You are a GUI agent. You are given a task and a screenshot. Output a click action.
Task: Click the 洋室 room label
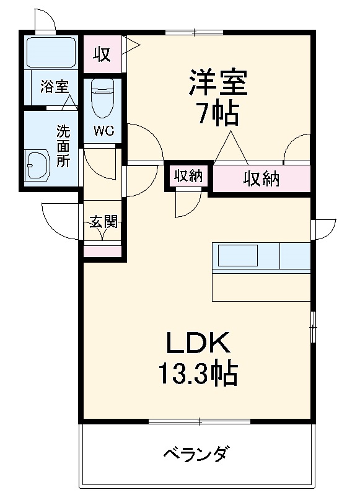pyautogui.click(x=217, y=83)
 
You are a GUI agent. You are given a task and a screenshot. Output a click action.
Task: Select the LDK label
pyautogui.click(x=197, y=343)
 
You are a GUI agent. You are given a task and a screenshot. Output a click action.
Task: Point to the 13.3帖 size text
pyautogui.click(x=197, y=373)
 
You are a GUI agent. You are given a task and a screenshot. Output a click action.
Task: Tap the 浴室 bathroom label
pyautogui.click(x=55, y=87)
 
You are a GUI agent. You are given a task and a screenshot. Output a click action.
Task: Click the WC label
pyautogui.click(x=103, y=131)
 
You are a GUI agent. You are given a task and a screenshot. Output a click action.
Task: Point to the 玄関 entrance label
pyautogui.click(x=103, y=221)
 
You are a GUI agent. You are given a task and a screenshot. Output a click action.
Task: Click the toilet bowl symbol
pyautogui.click(x=103, y=97)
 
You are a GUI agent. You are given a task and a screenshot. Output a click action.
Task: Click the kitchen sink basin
pyautogui.click(x=235, y=255)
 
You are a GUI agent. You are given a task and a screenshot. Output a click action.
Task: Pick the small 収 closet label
pyautogui.click(x=102, y=55)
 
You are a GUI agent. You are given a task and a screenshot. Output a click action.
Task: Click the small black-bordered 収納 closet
pyautogui.click(x=188, y=176)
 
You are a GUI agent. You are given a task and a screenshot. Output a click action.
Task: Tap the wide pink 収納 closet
pyautogui.click(x=261, y=179)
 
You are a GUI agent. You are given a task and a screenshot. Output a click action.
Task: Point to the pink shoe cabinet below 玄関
pyautogui.click(x=103, y=252)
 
